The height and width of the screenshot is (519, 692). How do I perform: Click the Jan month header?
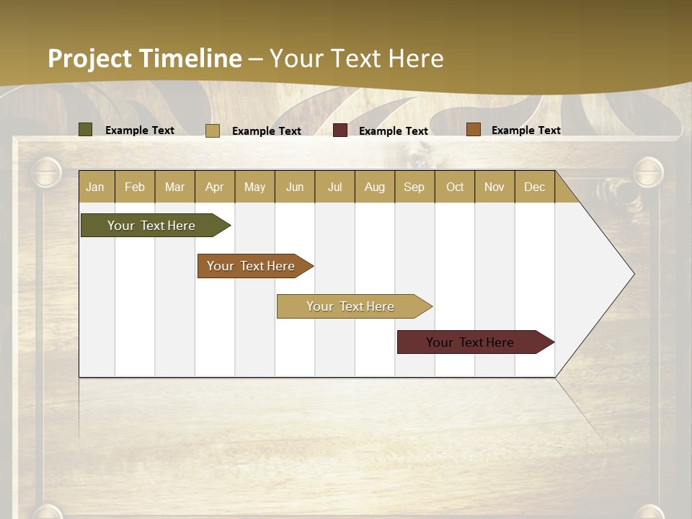96,187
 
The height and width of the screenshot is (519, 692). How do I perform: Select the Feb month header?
135,187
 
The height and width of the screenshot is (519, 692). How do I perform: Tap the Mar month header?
174,187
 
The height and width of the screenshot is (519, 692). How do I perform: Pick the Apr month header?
215,187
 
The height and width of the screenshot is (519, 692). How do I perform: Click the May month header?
254,187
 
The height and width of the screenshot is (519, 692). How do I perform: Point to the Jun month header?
295,187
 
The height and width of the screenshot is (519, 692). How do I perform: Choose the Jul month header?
334,187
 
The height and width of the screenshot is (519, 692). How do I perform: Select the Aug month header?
375,187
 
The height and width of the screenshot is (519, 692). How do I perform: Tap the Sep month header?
414,187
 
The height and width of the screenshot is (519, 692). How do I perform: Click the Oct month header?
455,187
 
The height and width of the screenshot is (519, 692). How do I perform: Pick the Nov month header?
494,187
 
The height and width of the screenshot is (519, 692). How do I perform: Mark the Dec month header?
535,187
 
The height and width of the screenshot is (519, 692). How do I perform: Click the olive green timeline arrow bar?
152,226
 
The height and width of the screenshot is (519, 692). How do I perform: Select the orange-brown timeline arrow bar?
252,266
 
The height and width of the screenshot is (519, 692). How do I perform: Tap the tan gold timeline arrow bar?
351,306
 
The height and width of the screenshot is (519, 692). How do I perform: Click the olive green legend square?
86,130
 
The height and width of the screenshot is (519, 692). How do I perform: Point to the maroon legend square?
340,130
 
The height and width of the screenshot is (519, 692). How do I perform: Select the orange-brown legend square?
473,130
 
